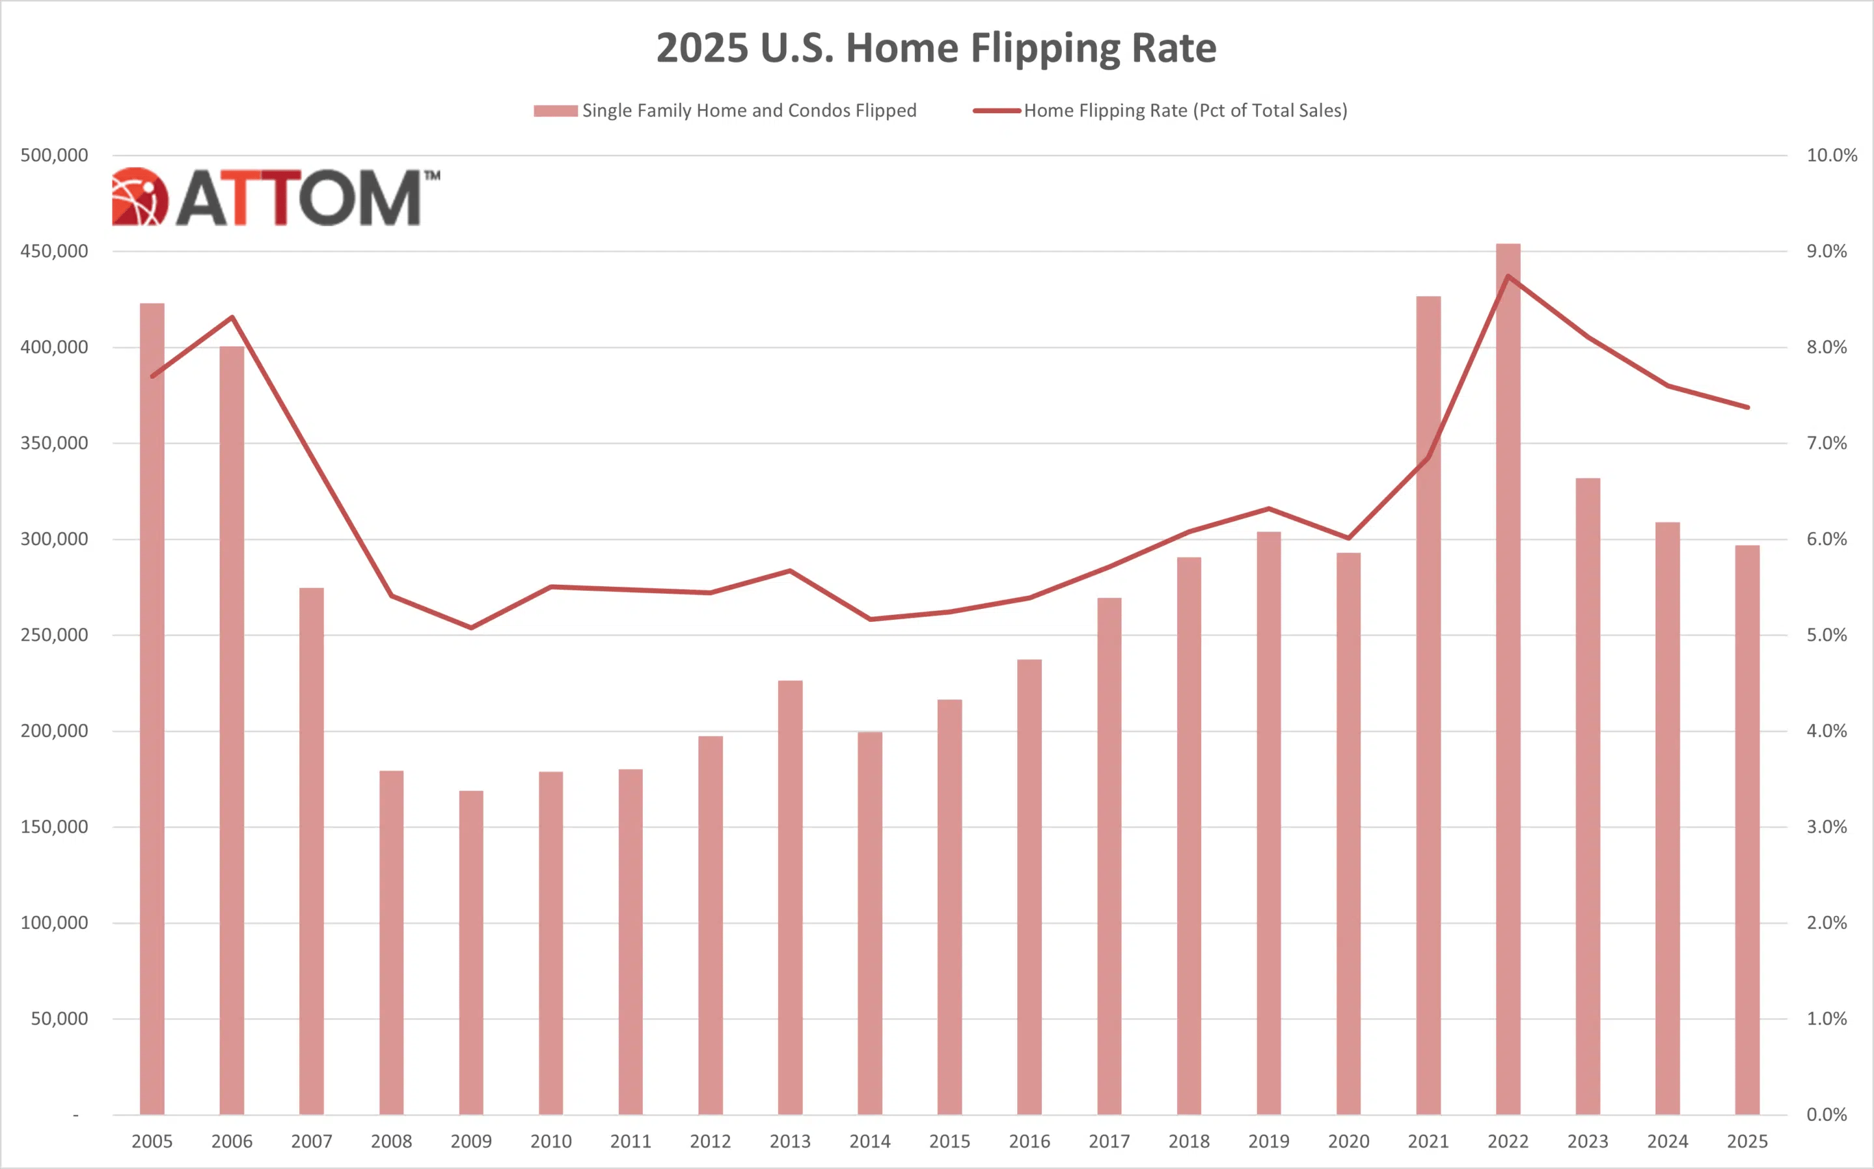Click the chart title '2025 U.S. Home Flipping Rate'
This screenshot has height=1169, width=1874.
(936, 48)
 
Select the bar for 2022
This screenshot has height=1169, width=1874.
(1508, 680)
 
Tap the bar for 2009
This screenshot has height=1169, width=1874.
(471, 951)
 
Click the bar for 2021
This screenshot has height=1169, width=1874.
(1428, 704)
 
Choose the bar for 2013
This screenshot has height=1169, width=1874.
(790, 897)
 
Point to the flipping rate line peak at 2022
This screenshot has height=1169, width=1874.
(1508, 276)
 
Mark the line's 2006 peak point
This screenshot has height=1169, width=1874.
(232, 317)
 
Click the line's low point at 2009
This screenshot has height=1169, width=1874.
(471, 627)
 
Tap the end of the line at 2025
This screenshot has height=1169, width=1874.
(1747, 407)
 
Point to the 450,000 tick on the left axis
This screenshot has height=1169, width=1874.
(54, 251)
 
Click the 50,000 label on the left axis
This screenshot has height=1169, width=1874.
(59, 1019)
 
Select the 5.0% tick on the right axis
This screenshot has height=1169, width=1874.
(1826, 636)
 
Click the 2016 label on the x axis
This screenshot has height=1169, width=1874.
(1029, 1141)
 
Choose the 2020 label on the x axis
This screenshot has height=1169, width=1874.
(1348, 1141)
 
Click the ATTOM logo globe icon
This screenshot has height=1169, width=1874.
(139, 197)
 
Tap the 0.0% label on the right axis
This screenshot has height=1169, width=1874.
(1826, 1115)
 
